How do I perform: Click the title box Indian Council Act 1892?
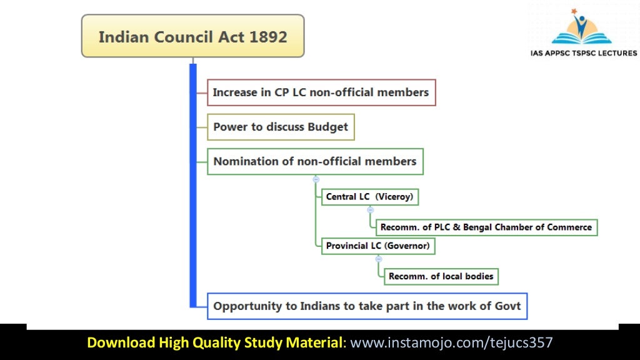192,36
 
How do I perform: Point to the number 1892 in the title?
268,36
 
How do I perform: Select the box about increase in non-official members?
321,92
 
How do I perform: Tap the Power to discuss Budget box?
281,127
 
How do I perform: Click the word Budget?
327,127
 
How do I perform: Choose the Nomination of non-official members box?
314,161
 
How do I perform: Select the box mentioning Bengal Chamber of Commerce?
486,227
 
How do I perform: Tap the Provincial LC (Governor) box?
378,246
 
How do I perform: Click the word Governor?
407,246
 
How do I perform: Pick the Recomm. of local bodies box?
441,276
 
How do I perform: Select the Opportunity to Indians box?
367,306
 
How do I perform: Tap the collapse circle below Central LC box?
371,210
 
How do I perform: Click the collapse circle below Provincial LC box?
378,259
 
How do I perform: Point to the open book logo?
582,28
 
